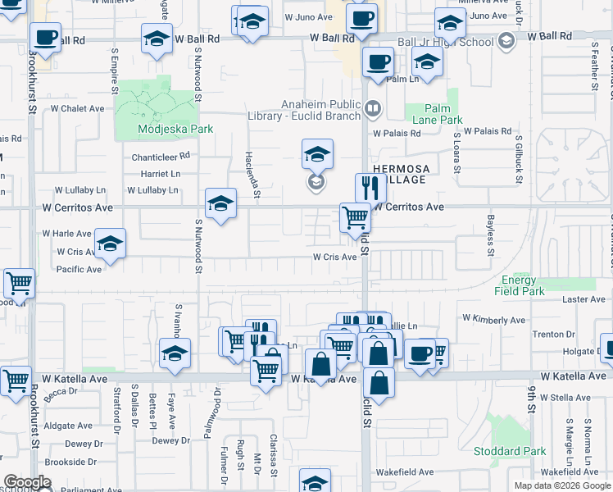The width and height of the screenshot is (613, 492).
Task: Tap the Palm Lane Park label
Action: tap(443, 114)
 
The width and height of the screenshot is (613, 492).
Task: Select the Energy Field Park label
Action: tap(522, 285)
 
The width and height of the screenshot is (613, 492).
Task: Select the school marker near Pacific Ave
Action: tap(110, 244)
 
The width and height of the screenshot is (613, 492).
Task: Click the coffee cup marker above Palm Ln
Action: tap(378, 61)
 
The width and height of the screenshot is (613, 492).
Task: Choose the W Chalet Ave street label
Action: tap(78, 108)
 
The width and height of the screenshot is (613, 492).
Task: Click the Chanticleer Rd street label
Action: tap(161, 155)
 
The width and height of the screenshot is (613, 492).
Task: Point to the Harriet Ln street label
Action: tap(160, 174)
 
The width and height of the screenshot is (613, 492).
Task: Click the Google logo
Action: tap(26, 482)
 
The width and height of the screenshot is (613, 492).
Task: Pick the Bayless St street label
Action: tap(490, 223)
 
